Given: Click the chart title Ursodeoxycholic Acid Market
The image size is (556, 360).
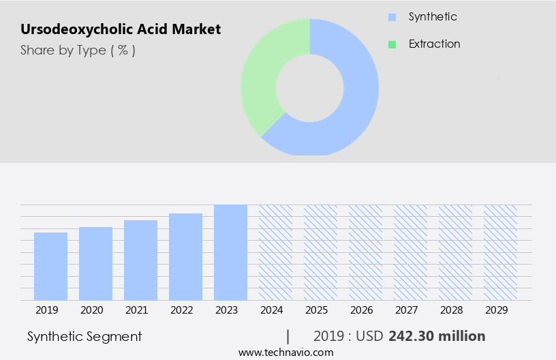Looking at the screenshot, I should coord(121,29).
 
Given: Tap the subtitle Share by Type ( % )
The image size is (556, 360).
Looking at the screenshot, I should coord(78,50).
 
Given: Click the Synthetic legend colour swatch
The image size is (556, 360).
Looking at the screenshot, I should coord(392,17).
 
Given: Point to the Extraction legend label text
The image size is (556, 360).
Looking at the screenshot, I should coord(434,44).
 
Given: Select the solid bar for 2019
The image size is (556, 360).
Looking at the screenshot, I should coord(50,266).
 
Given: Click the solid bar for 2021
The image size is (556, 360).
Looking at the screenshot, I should coord(140,260).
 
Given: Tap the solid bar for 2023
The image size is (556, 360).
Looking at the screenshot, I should coord(230,252).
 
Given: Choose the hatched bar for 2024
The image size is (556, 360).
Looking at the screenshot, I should coord(275,252).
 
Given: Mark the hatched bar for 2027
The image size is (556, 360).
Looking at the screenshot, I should coord(410,252).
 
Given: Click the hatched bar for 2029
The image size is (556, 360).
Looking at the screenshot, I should coord(500,252).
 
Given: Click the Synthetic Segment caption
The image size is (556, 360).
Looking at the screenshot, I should coord(84,336).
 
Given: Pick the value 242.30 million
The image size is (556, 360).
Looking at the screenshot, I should coord(437,336).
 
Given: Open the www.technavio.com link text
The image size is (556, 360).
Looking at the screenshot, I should coord(285,352).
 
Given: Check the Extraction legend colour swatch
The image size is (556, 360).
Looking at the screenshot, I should coord(392,44).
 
